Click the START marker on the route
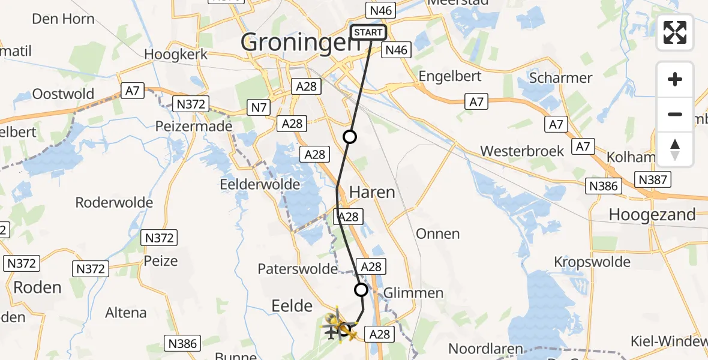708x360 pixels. point(368,32)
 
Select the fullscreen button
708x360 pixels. point(675,32)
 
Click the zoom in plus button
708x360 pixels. point(675,79)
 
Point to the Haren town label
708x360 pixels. point(372,193)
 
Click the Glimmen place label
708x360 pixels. point(413,293)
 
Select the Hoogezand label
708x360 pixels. point(652,214)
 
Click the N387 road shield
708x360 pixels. point(654,179)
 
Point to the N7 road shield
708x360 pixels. point(259,108)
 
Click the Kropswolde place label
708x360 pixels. point(592,262)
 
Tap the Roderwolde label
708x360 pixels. point(114,203)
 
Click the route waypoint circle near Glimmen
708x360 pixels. point(361,290)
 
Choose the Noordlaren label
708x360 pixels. point(486,349)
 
